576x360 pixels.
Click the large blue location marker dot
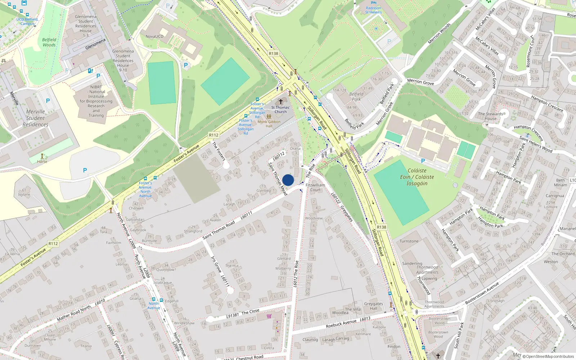[x=288, y=180]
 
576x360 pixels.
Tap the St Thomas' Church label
[x=280, y=109]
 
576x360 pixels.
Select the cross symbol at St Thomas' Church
[x=281, y=102]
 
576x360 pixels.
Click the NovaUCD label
[x=154, y=36]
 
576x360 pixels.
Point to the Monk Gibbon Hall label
[x=269, y=124]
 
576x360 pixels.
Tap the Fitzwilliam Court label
[x=315, y=188]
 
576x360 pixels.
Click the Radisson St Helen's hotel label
[x=373, y=10]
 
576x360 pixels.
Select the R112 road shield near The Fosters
[x=214, y=135]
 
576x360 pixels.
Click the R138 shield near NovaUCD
[x=274, y=54]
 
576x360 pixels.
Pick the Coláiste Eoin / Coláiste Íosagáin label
[x=417, y=177]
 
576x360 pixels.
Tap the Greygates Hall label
[x=373, y=306]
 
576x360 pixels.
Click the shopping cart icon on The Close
[x=269, y=316]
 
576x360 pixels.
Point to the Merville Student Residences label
[x=35, y=118]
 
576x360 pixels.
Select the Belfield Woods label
[x=49, y=42]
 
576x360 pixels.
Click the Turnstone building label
[x=409, y=241]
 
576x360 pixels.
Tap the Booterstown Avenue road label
[x=482, y=293]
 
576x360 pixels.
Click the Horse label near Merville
[x=42, y=162]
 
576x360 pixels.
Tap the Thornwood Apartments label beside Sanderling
[x=427, y=270]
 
